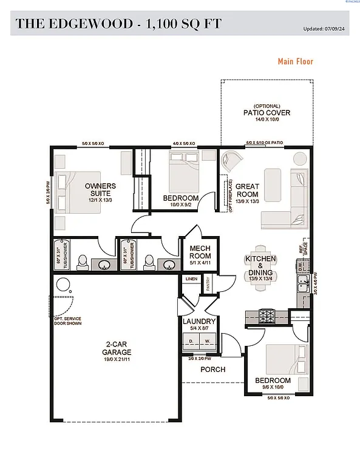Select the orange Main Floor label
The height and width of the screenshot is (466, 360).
(295, 61)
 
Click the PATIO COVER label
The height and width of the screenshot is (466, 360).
(267, 112)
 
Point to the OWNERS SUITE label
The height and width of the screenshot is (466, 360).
(100, 189)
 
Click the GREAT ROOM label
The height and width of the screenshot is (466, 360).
(247, 190)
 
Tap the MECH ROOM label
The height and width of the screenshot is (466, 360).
(200, 252)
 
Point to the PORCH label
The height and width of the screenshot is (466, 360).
(212, 369)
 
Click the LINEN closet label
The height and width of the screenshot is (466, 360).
(192, 279)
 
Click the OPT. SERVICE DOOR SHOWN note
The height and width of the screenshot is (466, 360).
(67, 322)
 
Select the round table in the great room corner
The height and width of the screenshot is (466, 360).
(300, 158)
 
